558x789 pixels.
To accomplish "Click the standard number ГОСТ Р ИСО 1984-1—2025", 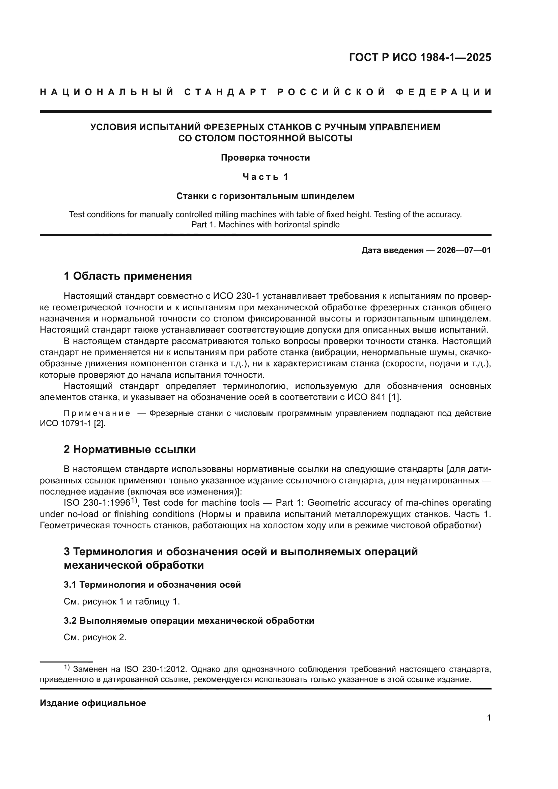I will point(420,57).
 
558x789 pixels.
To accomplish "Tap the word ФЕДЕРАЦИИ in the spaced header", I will point(443,92).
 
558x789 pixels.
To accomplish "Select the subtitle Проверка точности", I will point(265,158).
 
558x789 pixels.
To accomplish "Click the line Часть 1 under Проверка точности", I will point(265,177).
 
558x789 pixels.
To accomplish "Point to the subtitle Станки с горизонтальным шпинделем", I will point(265,196).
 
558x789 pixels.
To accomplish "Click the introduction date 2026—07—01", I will point(464,250).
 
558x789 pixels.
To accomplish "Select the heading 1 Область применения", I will point(128,276).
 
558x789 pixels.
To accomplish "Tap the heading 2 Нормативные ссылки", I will point(130,449).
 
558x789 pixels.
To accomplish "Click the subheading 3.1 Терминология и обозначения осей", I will point(152,585).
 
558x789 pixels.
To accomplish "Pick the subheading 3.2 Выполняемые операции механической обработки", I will point(189,621).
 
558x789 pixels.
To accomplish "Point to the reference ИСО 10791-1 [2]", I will point(73,423).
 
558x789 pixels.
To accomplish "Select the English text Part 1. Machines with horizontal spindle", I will point(265,225).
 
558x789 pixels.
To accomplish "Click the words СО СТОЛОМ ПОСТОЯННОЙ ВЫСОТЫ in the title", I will point(265,139).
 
